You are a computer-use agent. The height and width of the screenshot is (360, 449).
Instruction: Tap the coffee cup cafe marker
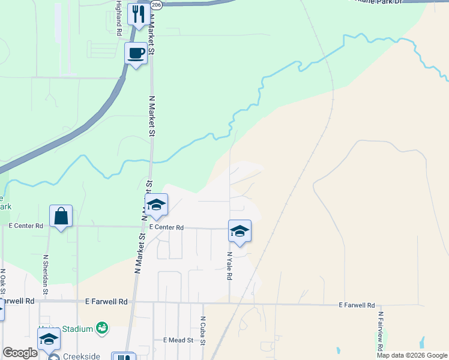pyautogui.click(x=136, y=53)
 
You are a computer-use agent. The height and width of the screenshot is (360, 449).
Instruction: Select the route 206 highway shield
pyautogui.click(x=156, y=4)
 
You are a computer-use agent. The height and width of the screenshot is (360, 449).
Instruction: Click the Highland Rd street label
pyautogui.click(x=119, y=19)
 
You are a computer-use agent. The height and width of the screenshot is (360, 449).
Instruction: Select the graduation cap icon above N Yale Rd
pyautogui.click(x=240, y=231)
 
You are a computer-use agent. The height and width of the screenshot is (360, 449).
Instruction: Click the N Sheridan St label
pyautogui.click(x=45, y=271)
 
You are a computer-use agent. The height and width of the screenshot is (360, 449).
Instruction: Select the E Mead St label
pyautogui.click(x=178, y=340)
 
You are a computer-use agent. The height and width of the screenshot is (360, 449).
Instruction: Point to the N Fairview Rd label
pyautogui.click(x=380, y=331)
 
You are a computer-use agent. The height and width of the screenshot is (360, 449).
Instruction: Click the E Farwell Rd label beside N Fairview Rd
pyautogui.click(x=357, y=305)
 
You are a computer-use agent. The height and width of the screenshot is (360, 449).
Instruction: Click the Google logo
pyautogui.click(x=20, y=353)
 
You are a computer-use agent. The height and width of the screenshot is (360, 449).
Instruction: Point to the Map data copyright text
pyautogui.click(x=412, y=355)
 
